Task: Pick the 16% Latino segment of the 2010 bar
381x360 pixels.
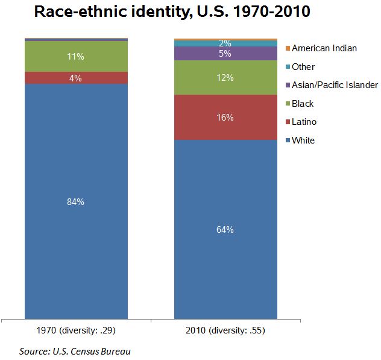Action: click(225, 117)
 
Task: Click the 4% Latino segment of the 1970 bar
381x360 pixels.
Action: click(76, 78)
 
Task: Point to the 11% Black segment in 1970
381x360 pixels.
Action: click(76, 57)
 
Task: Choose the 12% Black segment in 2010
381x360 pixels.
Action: click(225, 78)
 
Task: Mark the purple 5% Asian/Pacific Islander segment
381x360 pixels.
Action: click(225, 53)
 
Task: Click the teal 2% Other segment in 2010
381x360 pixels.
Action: click(225, 43)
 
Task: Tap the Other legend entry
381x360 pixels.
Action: click(303, 67)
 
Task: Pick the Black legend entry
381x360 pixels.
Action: click(303, 104)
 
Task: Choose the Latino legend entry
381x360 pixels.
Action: click(304, 122)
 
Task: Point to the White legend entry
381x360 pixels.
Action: click(303, 141)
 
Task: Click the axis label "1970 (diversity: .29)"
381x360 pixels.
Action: click(76, 330)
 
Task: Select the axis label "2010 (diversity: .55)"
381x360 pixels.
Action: click(225, 330)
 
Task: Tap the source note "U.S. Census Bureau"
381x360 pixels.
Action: click(75, 351)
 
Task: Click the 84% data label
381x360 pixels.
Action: click(76, 202)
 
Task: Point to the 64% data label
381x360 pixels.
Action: click(225, 229)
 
